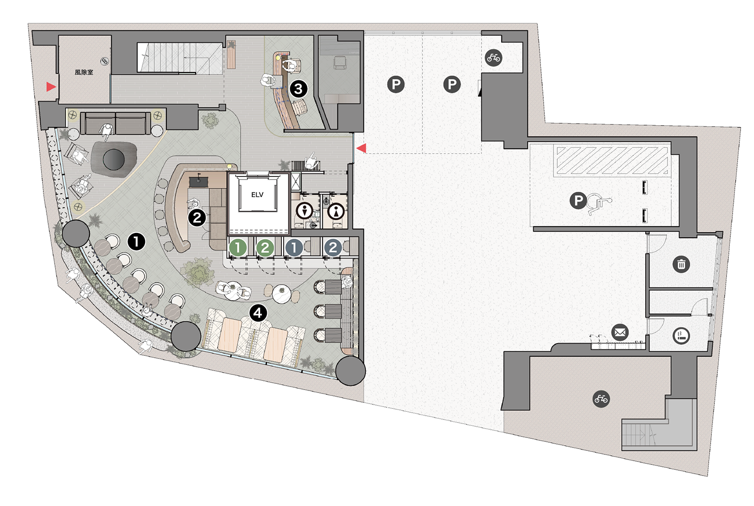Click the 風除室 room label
click(x=84, y=72)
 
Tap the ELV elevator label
click(x=257, y=195)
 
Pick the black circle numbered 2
click(x=197, y=218)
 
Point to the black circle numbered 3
click(x=298, y=89)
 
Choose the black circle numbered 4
click(x=258, y=314)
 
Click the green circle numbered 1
click(x=238, y=248)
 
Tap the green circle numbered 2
click(x=265, y=248)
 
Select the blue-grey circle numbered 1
click(x=294, y=248)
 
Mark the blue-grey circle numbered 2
click(x=333, y=248)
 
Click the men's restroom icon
click(x=304, y=211)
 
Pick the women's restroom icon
click(x=336, y=212)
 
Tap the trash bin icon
click(x=681, y=264)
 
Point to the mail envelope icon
click(x=620, y=333)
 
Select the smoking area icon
click(x=681, y=336)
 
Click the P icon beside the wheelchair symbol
click(x=578, y=201)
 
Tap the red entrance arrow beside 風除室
click(x=51, y=87)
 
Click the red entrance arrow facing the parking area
click(x=361, y=148)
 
